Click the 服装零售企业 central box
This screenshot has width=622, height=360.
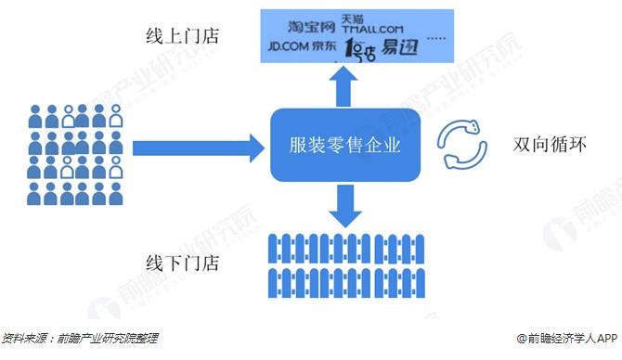click(346, 146)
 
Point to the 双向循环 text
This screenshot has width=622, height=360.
click(547, 147)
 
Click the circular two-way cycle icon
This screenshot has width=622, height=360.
click(462, 146)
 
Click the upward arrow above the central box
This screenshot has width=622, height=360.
click(345, 88)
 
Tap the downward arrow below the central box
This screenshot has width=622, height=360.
click(345, 205)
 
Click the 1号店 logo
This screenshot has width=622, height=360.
click(360, 48)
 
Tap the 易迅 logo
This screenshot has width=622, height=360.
click(400, 46)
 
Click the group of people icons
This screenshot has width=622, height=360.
click(74, 153)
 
